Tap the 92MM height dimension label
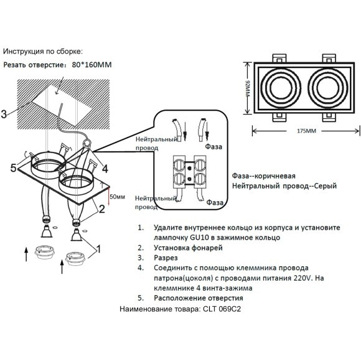click(x=247, y=88)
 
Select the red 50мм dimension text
click(x=117, y=197)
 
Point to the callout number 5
click(x=12, y=167)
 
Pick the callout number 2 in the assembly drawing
click(x=101, y=210)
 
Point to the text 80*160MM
click(x=93, y=64)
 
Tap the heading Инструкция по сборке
click(x=42, y=51)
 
